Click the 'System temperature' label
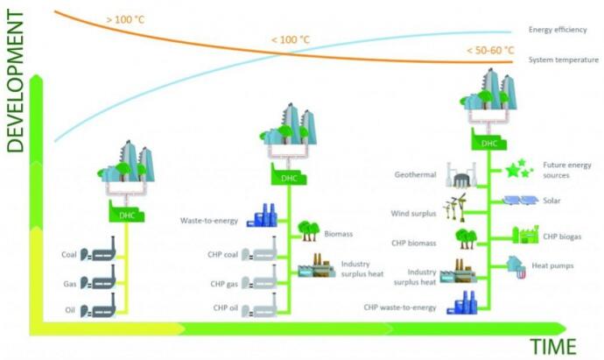coord(564,60)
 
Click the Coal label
coord(69,255)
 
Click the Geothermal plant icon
coord(460,175)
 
